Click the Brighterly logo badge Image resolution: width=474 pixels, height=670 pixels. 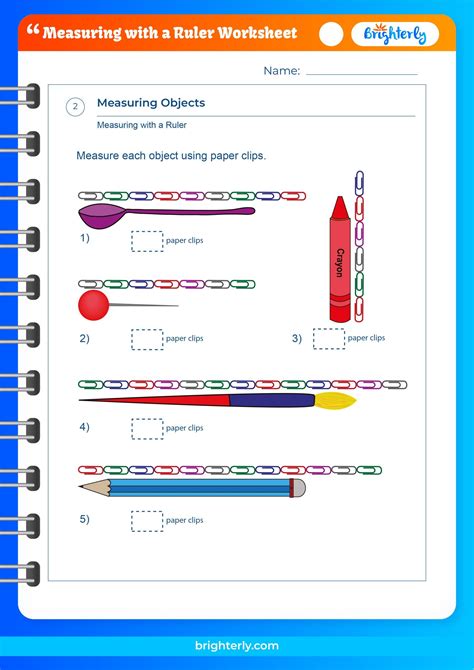(x=396, y=34)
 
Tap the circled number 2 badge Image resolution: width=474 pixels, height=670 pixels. (x=75, y=108)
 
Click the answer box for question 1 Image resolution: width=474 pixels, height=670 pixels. (x=146, y=241)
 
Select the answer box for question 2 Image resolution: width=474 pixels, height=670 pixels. (x=146, y=339)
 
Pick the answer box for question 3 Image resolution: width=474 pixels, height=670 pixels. (x=328, y=339)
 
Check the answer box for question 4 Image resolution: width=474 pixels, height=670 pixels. (x=146, y=428)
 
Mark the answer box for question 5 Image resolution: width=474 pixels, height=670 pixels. (x=146, y=520)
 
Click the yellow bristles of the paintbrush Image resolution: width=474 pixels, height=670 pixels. (x=336, y=401)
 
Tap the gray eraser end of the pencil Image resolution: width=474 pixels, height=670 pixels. (x=297, y=488)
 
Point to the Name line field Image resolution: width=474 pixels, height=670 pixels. (x=361, y=72)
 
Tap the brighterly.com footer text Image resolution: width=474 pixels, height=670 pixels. (x=237, y=647)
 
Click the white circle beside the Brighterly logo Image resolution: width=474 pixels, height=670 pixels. (x=331, y=34)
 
